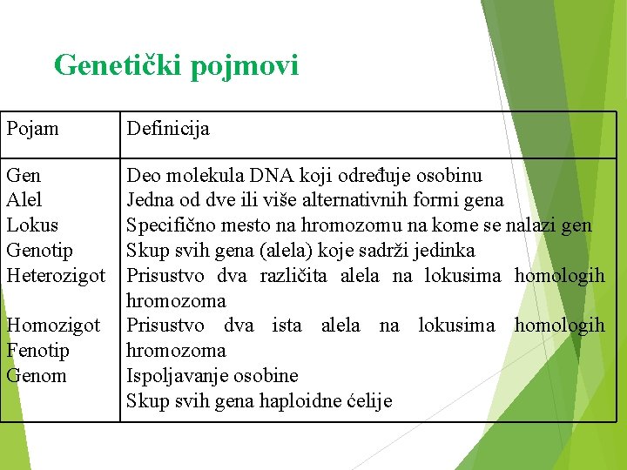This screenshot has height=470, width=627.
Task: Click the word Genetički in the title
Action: (x=118, y=65)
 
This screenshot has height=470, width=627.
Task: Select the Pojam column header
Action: (x=32, y=130)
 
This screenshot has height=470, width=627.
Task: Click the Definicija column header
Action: (x=168, y=130)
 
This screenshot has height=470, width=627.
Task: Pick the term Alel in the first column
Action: (x=24, y=200)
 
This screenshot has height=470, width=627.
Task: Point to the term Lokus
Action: (x=32, y=225)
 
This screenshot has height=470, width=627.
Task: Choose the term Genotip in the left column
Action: (x=39, y=252)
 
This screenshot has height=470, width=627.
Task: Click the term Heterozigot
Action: (x=56, y=276)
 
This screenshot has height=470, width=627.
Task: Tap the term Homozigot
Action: (x=53, y=326)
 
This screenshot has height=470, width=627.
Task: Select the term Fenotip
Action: (x=37, y=351)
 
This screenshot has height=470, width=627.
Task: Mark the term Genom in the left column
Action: (x=36, y=376)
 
